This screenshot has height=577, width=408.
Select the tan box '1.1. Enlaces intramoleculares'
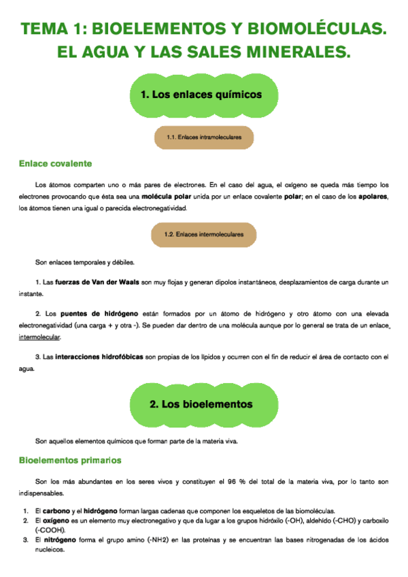pyautogui.click(x=203, y=137)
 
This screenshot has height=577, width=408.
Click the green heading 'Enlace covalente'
pyautogui.click(x=55, y=164)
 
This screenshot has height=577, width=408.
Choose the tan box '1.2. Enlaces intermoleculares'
pyautogui.click(x=203, y=235)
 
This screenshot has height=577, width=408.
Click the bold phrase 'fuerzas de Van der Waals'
pyautogui.click(x=96, y=282)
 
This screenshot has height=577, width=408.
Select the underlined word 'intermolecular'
pyautogui.click(x=39, y=337)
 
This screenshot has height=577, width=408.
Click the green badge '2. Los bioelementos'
pyautogui.click(x=201, y=404)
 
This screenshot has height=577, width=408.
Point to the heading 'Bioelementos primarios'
pyautogui.click(x=70, y=461)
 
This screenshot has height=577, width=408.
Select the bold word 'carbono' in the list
pyautogui.click(x=57, y=510)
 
